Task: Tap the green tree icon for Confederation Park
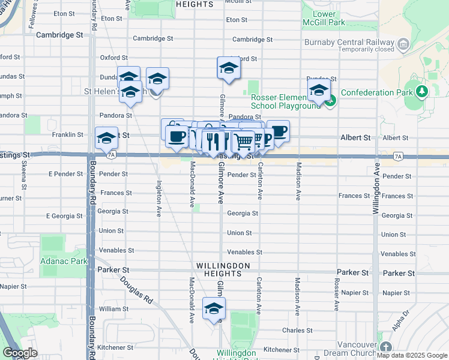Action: (x=422, y=92)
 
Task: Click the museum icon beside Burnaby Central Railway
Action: (x=403, y=44)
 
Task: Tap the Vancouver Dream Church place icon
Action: (x=385, y=347)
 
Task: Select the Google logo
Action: (x=20, y=353)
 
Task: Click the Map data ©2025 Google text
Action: (x=412, y=355)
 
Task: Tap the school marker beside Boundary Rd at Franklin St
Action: (x=106, y=138)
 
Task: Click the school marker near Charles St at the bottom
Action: (x=213, y=308)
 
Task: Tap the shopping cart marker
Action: (x=243, y=142)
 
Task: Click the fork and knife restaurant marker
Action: (x=212, y=142)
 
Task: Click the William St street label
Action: (x=113, y=309)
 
